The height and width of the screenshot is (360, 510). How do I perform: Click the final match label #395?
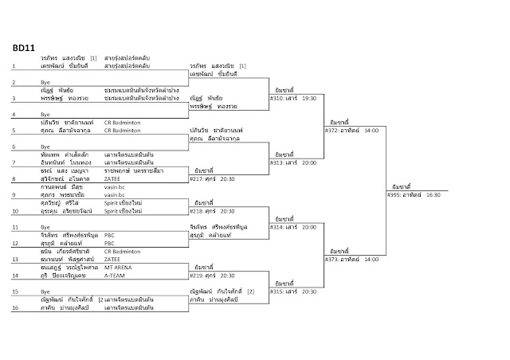pyautogui.click(x=411, y=194)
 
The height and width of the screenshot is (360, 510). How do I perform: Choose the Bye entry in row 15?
pyautogui.click(x=45, y=292)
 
